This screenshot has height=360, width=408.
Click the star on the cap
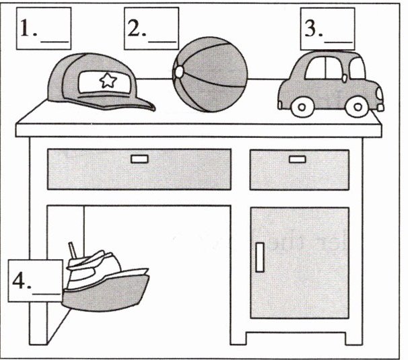106,81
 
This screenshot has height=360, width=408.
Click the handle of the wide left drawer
139,159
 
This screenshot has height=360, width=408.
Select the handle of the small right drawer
297,159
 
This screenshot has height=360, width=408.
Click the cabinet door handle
259,257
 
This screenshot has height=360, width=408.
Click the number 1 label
44,28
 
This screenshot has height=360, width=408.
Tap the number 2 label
151,28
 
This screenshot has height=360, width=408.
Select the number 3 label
327,28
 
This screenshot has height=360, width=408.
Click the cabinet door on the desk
300,262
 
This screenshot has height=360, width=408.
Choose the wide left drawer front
139,169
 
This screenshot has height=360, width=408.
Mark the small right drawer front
299,170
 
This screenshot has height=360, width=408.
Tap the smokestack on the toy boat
76,253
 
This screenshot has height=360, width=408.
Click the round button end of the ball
178,71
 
